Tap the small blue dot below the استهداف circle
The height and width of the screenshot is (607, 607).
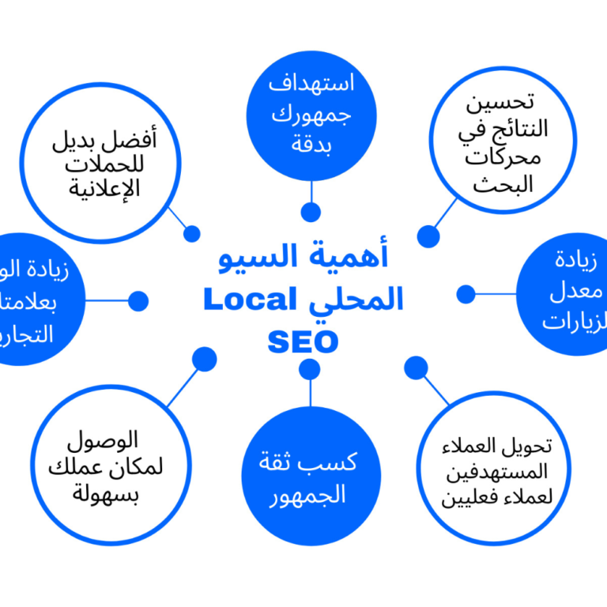311,212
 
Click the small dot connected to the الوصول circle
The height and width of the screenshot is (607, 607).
205,359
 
